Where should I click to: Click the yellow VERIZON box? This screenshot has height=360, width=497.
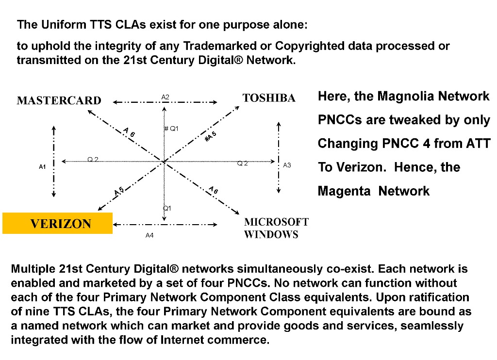pyautogui.click(x=57, y=223)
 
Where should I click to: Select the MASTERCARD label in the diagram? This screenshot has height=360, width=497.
pyautogui.click(x=59, y=100)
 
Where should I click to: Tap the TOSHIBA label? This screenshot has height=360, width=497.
pyautogui.click(x=269, y=98)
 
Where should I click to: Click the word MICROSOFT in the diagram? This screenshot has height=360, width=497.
pyautogui.click(x=276, y=222)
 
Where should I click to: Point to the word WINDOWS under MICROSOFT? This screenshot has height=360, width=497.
pyautogui.click(x=271, y=234)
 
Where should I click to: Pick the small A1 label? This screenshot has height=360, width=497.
pyautogui.click(x=43, y=167)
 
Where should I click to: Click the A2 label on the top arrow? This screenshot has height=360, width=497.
pyautogui.click(x=165, y=97)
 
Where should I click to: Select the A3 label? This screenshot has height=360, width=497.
pyautogui.click(x=287, y=165)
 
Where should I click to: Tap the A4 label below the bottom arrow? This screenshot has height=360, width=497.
pyautogui.click(x=149, y=235)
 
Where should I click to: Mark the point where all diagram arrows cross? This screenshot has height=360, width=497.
pyautogui.click(x=164, y=162)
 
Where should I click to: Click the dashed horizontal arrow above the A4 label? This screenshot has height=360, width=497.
pyautogui.click(x=165, y=225)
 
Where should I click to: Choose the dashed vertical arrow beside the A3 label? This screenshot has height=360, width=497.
pyautogui.click(x=279, y=158)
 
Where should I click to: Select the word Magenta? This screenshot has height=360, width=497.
pyautogui.click(x=344, y=191)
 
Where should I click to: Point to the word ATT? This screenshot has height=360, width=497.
pyautogui.click(x=478, y=143)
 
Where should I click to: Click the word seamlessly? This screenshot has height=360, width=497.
pyautogui.click(x=432, y=326)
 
